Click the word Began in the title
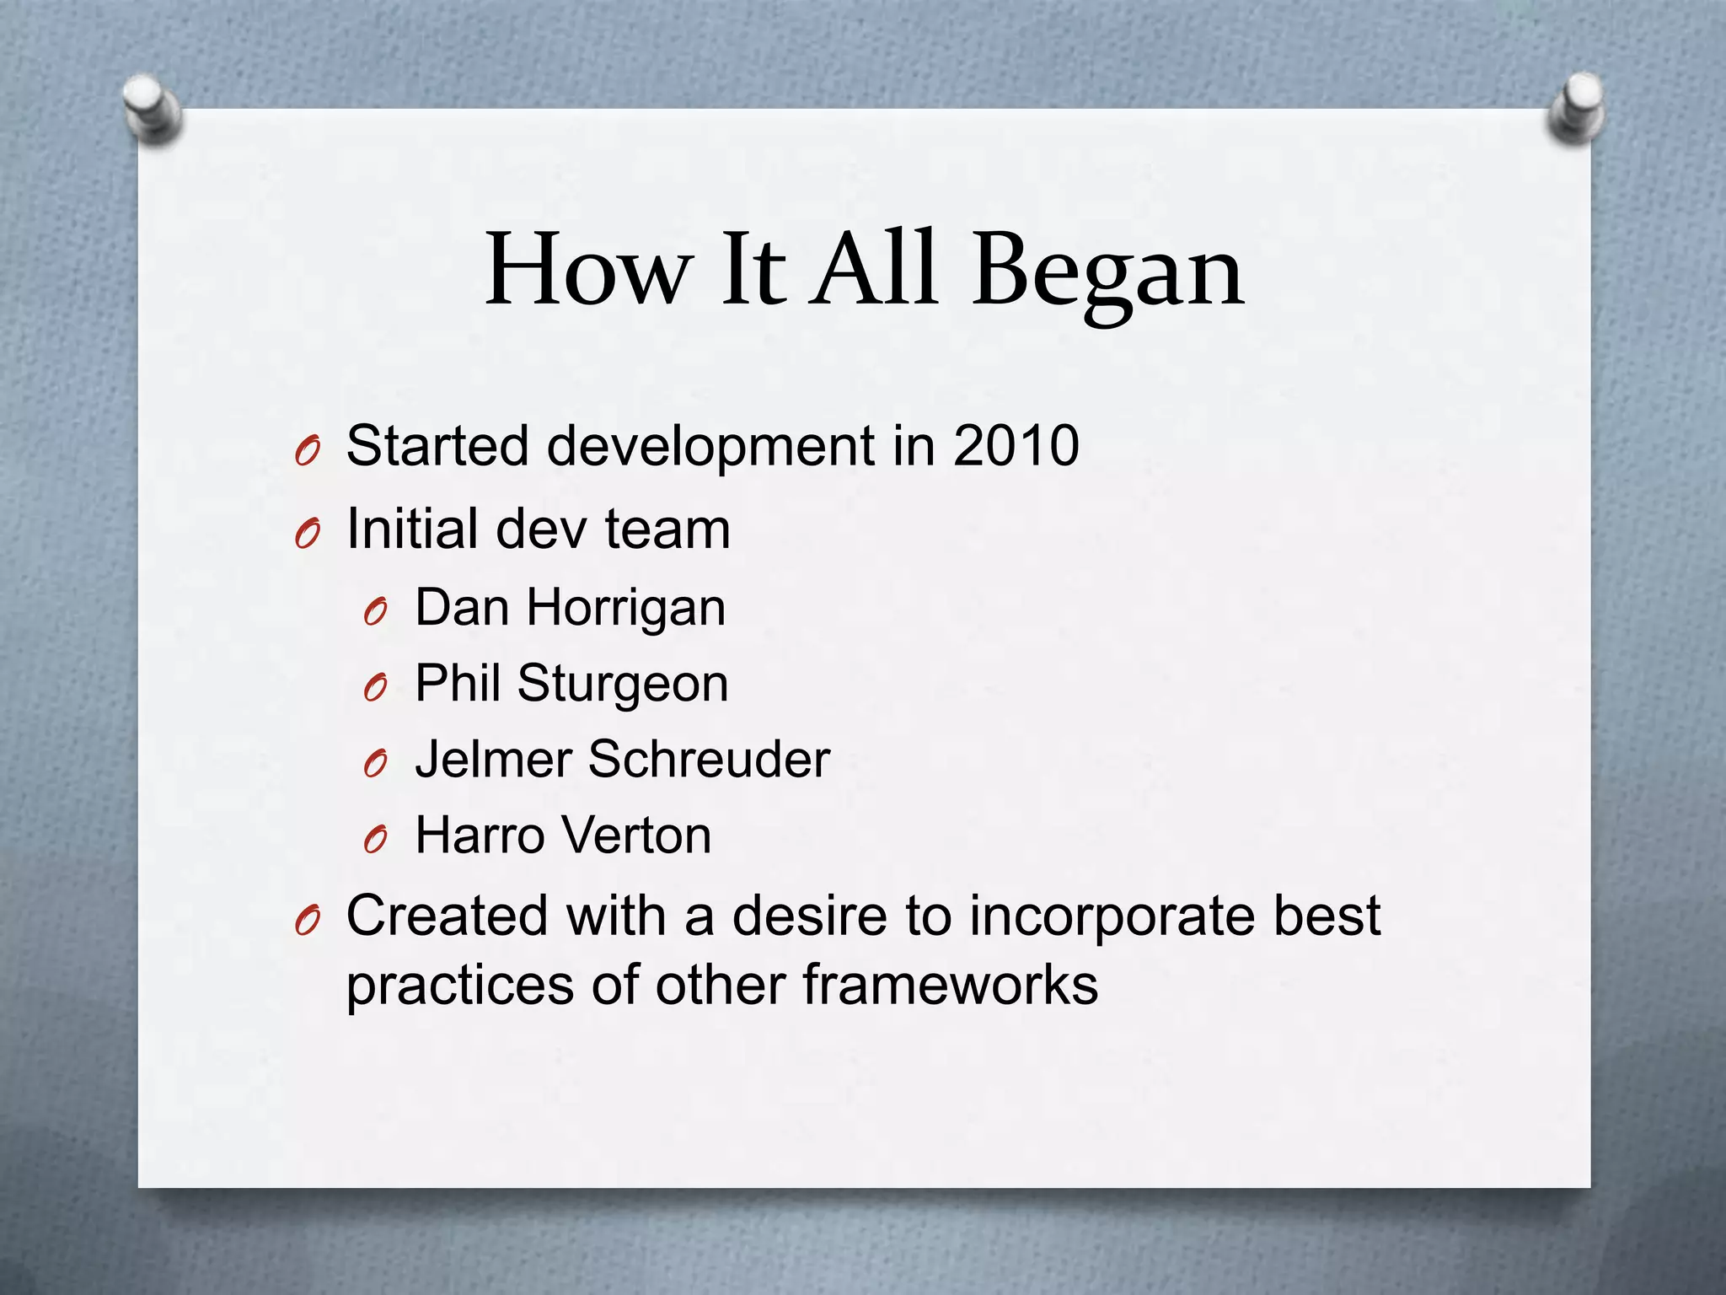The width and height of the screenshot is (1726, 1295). (x=1107, y=271)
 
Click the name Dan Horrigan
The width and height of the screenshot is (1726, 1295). (x=570, y=608)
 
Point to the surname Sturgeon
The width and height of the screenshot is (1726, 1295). (x=622, y=684)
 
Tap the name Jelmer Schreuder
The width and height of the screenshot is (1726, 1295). (x=622, y=759)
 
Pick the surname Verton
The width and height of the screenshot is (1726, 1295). (x=636, y=836)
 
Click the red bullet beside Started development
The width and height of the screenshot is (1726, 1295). (x=307, y=453)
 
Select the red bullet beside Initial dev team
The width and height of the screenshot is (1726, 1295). (x=307, y=535)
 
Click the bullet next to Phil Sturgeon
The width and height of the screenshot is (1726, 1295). (x=375, y=689)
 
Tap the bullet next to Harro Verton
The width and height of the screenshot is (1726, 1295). (x=375, y=841)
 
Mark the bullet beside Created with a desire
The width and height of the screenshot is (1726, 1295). (x=307, y=922)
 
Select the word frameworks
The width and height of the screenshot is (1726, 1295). (x=950, y=985)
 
